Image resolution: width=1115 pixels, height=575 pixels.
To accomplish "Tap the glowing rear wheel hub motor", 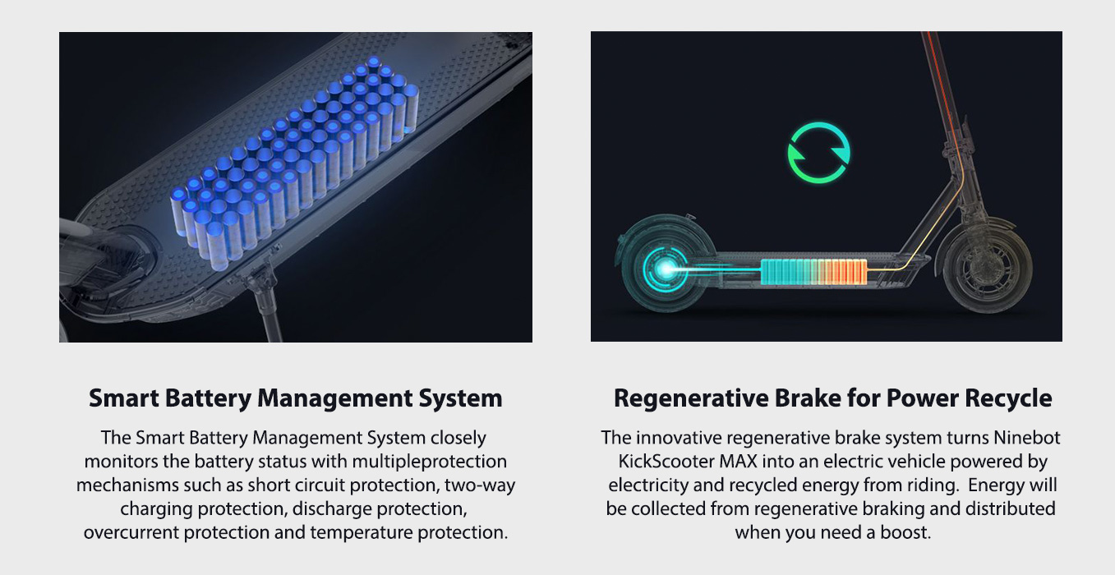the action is [x=666, y=269].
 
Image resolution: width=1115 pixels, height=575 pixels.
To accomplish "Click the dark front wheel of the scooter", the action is [x=988, y=269].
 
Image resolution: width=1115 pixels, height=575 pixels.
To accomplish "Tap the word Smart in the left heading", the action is [x=124, y=398].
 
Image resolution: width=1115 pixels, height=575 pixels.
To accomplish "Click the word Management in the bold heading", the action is [x=335, y=399].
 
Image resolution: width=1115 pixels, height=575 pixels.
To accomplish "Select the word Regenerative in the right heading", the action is [x=691, y=399].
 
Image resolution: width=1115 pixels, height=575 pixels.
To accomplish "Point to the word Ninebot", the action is [x=1027, y=438].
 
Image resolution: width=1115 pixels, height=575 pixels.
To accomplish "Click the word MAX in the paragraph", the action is [x=737, y=462].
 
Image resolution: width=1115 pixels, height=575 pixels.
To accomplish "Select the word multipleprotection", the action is [x=430, y=462].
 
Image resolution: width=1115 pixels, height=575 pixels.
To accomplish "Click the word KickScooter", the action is [x=666, y=462].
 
